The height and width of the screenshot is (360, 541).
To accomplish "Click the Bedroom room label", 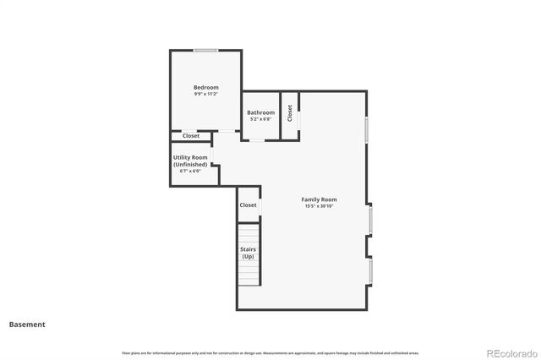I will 205,88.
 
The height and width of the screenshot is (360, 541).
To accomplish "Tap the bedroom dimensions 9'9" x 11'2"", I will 205,95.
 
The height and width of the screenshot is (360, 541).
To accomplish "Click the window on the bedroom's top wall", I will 206,51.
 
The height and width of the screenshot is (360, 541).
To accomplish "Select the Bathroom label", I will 260,112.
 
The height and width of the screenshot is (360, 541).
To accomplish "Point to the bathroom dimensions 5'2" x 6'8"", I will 260,119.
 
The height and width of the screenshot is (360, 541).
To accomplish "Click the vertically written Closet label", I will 290,112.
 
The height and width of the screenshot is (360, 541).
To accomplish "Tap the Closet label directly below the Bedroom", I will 191,136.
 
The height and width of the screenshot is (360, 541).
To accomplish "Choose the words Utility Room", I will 190,157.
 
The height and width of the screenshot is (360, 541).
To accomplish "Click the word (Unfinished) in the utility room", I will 190,164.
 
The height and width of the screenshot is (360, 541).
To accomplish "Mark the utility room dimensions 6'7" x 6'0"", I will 190,171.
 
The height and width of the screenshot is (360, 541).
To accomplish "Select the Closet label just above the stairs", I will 248,205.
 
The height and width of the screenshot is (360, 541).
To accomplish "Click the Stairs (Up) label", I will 248,253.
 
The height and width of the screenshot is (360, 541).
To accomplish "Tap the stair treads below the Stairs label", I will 248,274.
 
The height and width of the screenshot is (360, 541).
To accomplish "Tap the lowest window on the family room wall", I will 370,270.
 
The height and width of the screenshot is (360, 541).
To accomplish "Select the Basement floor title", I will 27,325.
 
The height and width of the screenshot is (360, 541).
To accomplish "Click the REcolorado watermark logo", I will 509,352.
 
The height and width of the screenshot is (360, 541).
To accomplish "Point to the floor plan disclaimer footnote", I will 270,352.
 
